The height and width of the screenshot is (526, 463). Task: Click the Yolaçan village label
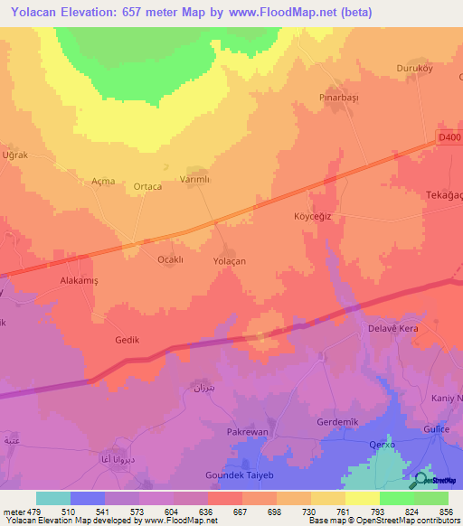229,260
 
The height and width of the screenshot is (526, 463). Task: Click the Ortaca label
147,187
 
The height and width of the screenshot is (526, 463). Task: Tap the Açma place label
103,181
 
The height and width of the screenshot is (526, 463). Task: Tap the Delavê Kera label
392,328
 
